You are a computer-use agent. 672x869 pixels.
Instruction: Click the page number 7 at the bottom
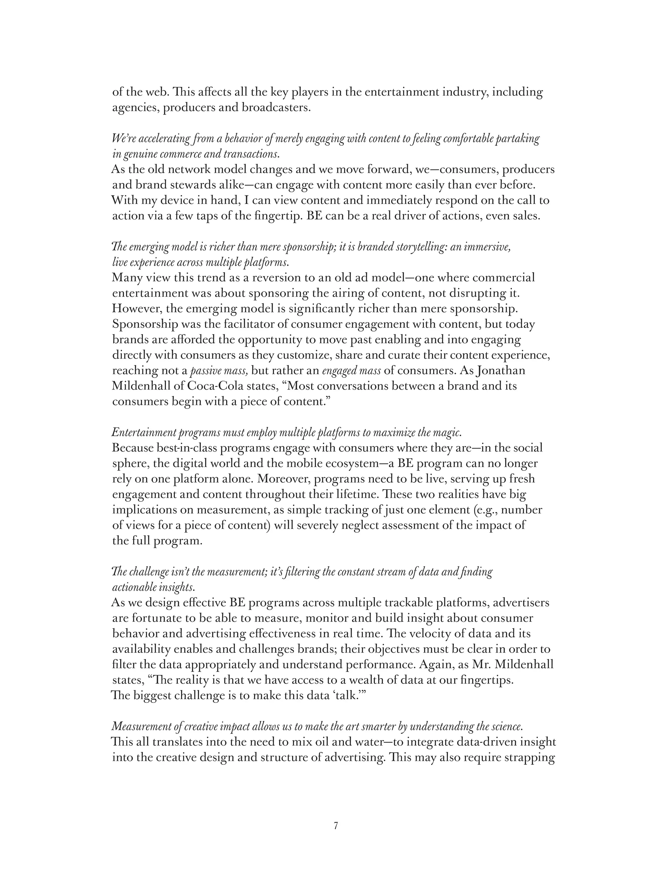coord(336,826)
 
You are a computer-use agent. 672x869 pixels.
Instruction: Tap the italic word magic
coord(450,433)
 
